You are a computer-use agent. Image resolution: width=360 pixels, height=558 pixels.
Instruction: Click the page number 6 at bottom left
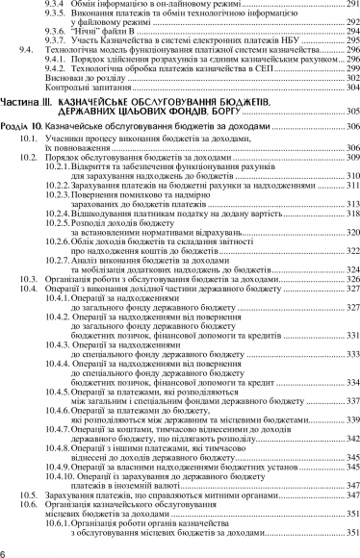[5, 551]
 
